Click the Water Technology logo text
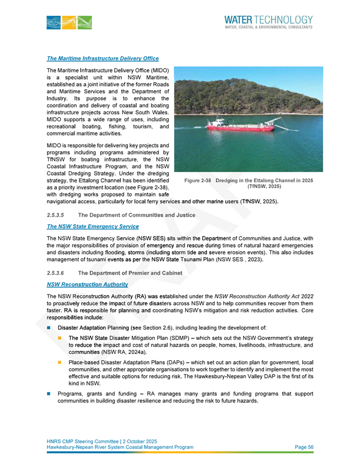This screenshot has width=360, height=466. [269, 19]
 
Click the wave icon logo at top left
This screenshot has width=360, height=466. [69, 22]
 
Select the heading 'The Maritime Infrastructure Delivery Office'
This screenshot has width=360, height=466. [103, 58]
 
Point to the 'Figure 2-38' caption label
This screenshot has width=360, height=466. [198, 180]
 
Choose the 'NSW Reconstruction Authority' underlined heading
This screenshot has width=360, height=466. [87, 285]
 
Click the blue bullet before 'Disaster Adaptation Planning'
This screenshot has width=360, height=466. [49, 327]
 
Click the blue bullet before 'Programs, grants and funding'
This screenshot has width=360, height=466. [49, 394]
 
